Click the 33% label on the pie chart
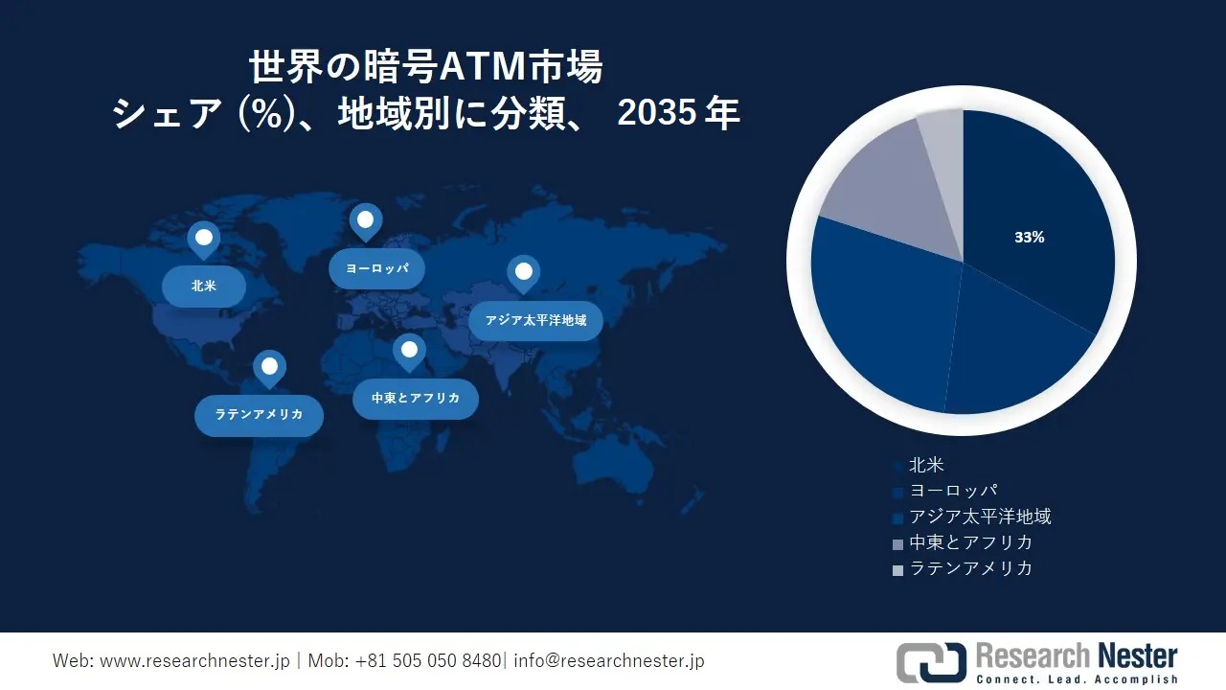point(1030,238)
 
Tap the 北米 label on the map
point(203,286)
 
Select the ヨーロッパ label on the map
point(376,268)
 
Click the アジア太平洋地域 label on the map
point(535,320)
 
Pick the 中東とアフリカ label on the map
point(415,398)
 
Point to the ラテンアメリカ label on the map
point(259,415)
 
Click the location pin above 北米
point(203,238)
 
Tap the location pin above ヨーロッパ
point(365,220)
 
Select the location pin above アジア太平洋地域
point(523,273)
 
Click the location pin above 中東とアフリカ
point(409,350)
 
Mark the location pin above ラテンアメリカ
point(269,366)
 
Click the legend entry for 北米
point(925,466)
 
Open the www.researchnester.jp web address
point(194,661)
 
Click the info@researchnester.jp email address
point(609,661)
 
